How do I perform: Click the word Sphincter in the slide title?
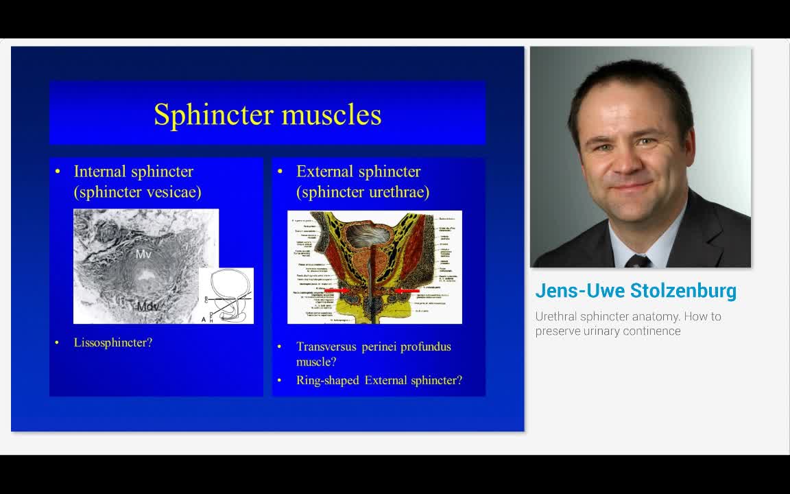(x=213, y=115)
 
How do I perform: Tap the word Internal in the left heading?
(x=99, y=172)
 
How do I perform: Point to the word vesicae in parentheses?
(x=171, y=192)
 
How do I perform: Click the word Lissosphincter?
(x=113, y=342)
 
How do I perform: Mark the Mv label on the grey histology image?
(x=143, y=255)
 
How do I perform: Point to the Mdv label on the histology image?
(x=147, y=306)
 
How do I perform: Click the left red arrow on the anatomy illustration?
(x=335, y=291)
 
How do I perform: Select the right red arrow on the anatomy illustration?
(x=409, y=291)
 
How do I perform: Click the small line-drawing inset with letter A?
(x=226, y=296)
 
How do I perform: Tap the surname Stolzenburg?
(x=683, y=291)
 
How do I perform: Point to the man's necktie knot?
(x=637, y=261)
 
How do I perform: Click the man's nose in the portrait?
(x=631, y=161)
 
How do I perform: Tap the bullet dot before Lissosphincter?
(x=58, y=342)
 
